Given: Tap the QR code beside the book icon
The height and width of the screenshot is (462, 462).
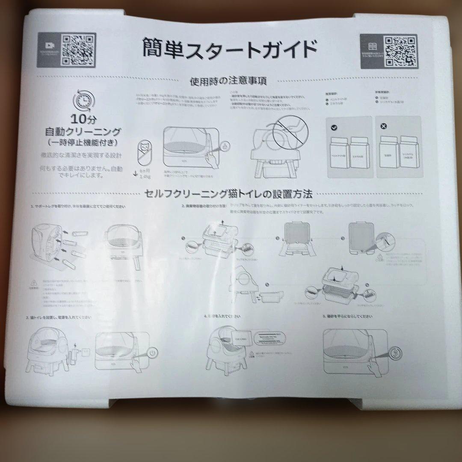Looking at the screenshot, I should pyautogui.click(x=400, y=50).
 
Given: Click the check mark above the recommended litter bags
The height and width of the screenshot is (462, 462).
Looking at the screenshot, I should pyautogui.click(x=334, y=127).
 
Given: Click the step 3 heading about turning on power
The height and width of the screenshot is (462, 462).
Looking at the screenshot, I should pyautogui.click(x=58, y=317).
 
